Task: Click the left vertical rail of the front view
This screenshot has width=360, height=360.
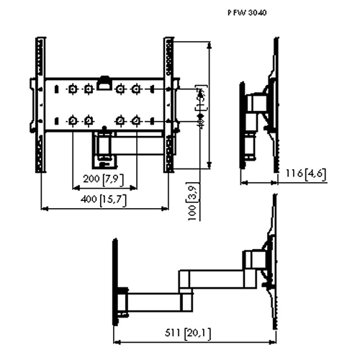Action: tap(35, 104)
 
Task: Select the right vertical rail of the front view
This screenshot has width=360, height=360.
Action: tap(170, 104)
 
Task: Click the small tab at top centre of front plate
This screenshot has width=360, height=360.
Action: tap(105, 81)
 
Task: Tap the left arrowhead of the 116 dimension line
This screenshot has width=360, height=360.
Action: tap(241, 183)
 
